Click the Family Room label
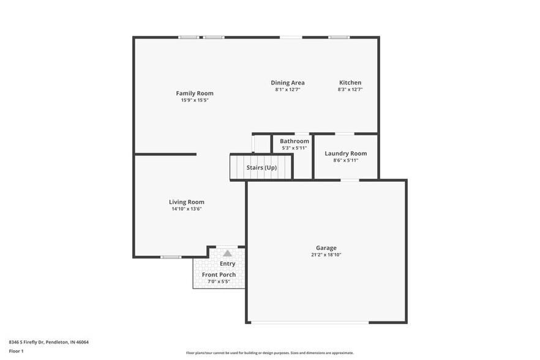(x=195, y=93)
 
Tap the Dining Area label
(x=288, y=83)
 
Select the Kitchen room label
(x=350, y=83)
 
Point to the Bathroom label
(x=294, y=141)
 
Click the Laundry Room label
(x=346, y=153)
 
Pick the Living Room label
(x=187, y=201)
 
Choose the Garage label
(x=326, y=248)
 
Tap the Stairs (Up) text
(x=261, y=167)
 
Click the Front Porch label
(x=219, y=275)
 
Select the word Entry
(x=228, y=264)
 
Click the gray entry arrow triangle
(x=228, y=253)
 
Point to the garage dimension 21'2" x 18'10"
(x=326, y=255)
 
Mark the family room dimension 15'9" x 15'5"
(x=195, y=100)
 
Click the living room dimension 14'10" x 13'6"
(x=187, y=209)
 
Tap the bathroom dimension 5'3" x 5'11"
(x=294, y=148)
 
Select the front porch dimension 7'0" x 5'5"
(x=219, y=282)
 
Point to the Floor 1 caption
(x=16, y=351)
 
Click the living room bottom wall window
(x=171, y=257)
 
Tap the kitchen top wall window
(x=339, y=37)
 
